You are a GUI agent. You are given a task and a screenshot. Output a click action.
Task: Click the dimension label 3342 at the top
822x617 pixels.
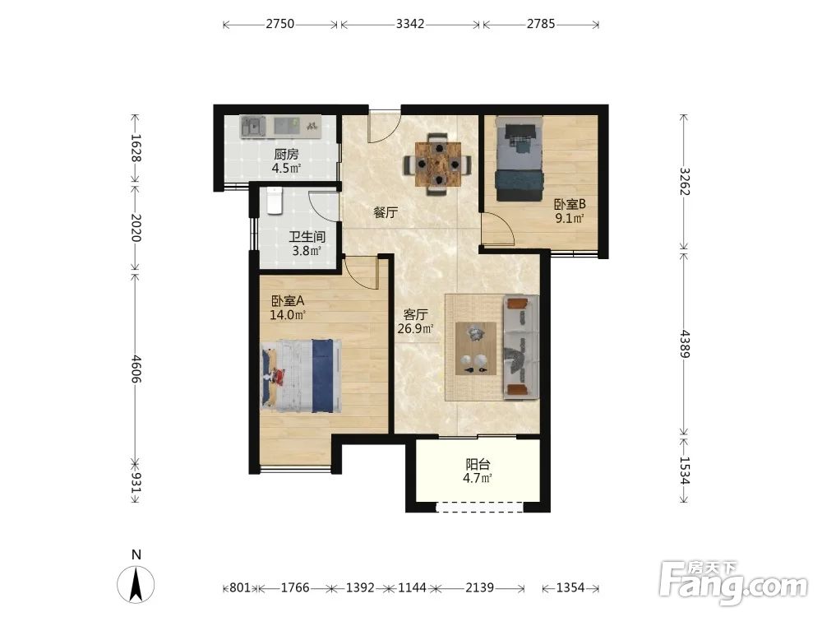click(x=410, y=24)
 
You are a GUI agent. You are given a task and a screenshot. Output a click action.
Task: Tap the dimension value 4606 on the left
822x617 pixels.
click(x=136, y=369)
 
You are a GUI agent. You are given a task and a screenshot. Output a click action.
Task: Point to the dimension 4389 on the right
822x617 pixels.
click(x=684, y=344)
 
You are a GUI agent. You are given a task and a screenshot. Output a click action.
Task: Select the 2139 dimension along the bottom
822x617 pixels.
click(x=479, y=587)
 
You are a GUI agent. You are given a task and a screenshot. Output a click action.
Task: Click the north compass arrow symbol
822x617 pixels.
click(x=136, y=584)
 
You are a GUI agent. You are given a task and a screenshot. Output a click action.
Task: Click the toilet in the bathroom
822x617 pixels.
click(x=275, y=201)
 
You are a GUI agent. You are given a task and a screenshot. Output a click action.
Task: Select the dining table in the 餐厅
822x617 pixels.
click(x=438, y=165)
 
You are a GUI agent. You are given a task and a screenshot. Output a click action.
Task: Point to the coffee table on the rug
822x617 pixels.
click(x=476, y=348)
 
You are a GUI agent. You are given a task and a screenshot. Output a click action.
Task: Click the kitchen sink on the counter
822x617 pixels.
click(x=253, y=127)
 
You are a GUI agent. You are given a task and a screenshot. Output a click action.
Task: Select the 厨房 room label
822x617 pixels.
click(x=286, y=155)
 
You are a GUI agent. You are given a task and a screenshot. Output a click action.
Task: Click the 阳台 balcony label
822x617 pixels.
click(x=478, y=464)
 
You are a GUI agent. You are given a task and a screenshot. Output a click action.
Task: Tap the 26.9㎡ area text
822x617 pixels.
click(x=415, y=329)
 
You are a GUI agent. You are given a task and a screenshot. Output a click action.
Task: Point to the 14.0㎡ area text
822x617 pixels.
click(x=287, y=315)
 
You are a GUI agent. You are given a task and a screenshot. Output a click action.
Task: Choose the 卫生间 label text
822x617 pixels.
click(x=307, y=237)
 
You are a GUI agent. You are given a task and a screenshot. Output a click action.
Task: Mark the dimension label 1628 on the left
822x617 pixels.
click(x=136, y=149)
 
